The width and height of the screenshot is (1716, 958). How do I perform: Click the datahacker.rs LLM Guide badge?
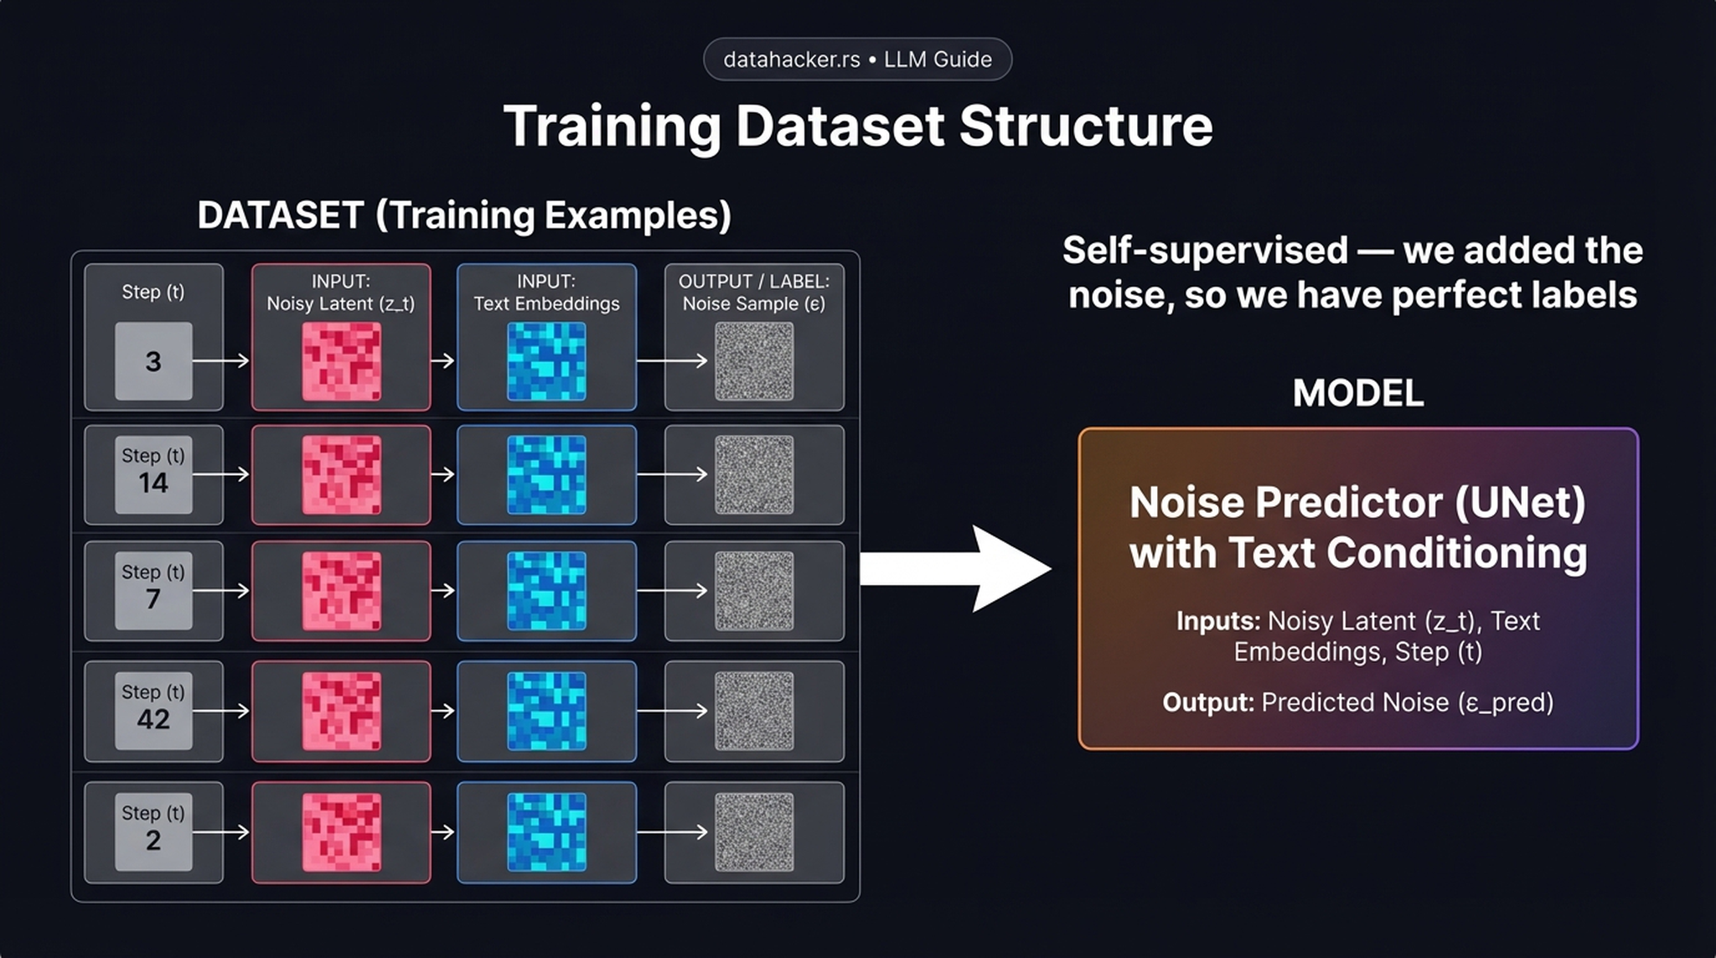click(857, 60)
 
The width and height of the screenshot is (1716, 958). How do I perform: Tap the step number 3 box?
click(153, 361)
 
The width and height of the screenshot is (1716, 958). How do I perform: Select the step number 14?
click(153, 483)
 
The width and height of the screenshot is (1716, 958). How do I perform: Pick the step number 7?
click(153, 599)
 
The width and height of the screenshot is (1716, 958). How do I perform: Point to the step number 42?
click(153, 719)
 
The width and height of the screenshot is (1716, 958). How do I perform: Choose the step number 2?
click(153, 840)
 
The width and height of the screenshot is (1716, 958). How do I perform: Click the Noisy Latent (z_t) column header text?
click(340, 303)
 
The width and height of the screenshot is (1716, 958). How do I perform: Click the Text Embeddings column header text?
click(546, 303)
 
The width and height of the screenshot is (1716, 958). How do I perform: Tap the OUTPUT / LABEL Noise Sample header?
click(753, 293)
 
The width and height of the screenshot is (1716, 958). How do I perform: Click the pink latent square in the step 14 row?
click(341, 474)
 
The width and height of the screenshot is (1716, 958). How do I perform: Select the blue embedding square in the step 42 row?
click(546, 711)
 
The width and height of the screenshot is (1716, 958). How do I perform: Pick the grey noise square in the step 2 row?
click(753, 832)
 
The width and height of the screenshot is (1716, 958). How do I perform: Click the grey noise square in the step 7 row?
click(753, 591)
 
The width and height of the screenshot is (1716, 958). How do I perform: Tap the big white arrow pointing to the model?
click(955, 568)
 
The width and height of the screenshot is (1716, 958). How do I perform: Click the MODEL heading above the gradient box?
click(1357, 393)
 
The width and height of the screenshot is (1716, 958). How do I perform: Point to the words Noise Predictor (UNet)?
click(1357, 503)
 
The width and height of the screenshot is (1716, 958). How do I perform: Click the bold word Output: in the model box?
click(1207, 702)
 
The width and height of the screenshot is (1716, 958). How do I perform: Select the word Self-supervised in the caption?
click(1205, 251)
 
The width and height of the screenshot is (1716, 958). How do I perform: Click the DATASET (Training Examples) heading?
click(464, 215)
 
